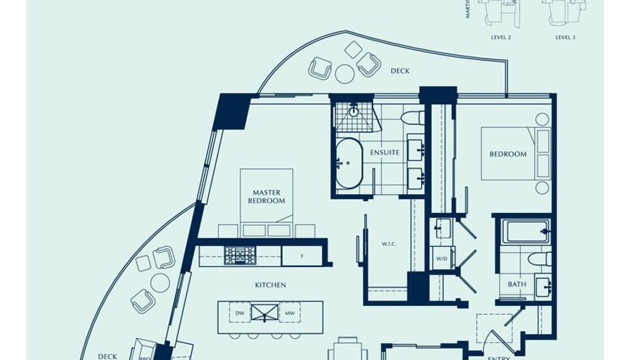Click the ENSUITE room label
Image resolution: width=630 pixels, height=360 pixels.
[385, 153]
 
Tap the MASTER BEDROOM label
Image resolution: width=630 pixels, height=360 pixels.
[266, 196]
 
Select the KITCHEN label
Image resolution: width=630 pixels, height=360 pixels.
[271, 285]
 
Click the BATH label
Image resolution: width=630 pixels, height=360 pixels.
[517, 284]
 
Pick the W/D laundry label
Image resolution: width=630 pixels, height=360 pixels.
[442, 258]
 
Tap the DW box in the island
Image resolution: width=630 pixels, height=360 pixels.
[240, 312]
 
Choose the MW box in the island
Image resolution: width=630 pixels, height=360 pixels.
[290, 312]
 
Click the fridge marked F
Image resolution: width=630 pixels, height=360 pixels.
[302, 256]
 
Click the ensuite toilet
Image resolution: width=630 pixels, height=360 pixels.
[412, 117]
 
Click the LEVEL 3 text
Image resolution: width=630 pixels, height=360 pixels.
[565, 37]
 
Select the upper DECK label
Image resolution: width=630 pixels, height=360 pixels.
[400, 71]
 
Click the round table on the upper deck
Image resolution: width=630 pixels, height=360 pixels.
[345, 74]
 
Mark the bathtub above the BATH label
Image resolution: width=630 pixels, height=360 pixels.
[525, 231]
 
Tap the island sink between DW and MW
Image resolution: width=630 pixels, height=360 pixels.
[265, 312]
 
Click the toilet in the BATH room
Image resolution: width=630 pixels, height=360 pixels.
[540, 259]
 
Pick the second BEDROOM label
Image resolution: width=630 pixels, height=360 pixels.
[508, 154]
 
